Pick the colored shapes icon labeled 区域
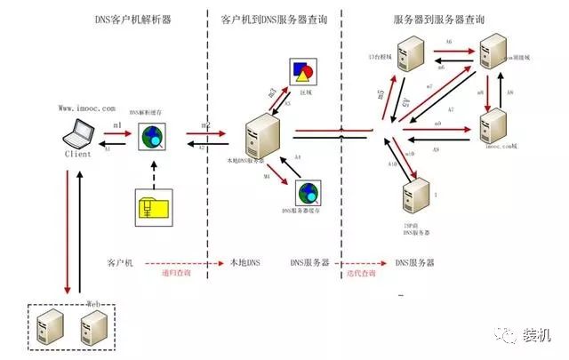[301, 73]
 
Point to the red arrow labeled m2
[202, 137]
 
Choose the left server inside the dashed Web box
[49, 327]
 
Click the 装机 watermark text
[537, 334]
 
